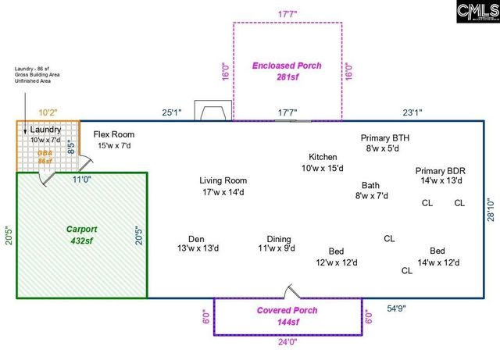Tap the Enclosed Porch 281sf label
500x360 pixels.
pos(287,71)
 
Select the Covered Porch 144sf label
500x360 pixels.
pos(287,315)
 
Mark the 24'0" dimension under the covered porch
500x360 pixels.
pos(287,341)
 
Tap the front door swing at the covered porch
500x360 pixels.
pos(291,292)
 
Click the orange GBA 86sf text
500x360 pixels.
pos(45,157)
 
